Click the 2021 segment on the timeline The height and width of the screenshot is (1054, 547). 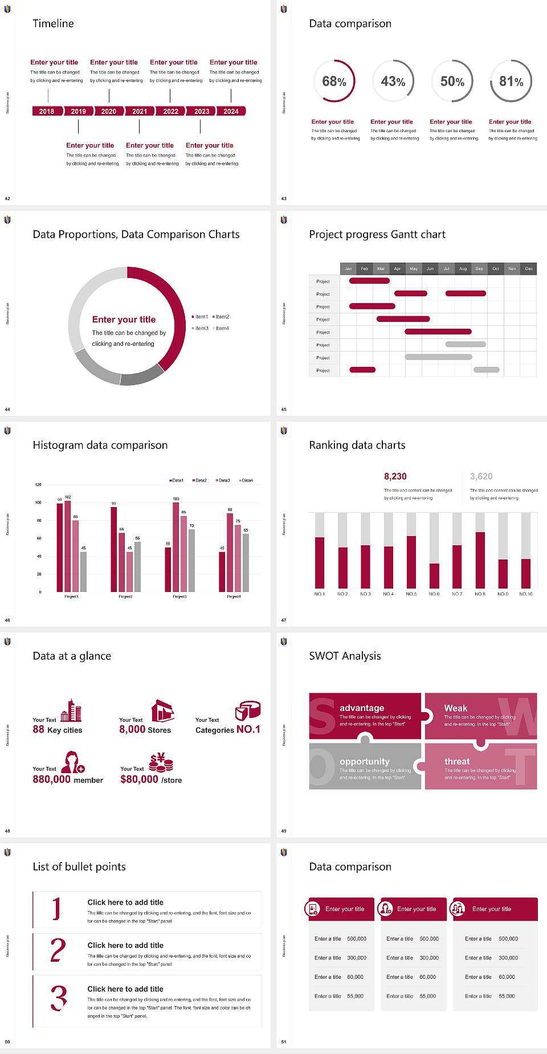(x=140, y=111)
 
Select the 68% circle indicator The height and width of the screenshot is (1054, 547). (x=334, y=81)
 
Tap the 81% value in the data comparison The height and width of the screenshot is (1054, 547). (x=511, y=81)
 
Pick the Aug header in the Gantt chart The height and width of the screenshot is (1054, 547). (x=463, y=268)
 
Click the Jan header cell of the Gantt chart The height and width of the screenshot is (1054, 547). (x=348, y=268)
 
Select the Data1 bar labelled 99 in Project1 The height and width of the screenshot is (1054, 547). (x=60, y=547)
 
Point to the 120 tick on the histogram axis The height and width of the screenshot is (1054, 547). (x=38, y=485)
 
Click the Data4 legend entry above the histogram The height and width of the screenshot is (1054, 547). (x=246, y=480)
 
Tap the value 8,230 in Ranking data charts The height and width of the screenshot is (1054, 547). (x=395, y=476)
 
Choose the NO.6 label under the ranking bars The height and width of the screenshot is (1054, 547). (x=434, y=594)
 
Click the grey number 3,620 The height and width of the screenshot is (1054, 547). (x=481, y=476)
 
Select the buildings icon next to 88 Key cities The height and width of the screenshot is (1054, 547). (x=71, y=711)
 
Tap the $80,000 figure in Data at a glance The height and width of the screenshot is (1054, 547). (x=139, y=779)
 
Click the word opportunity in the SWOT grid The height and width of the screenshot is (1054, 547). (x=365, y=762)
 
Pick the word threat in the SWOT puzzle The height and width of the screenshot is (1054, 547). (x=457, y=762)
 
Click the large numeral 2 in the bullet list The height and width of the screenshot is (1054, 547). (x=58, y=950)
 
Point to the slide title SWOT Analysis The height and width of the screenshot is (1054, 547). (x=345, y=656)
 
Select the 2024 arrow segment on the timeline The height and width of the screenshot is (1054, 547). (x=231, y=111)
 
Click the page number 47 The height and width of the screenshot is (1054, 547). (x=284, y=620)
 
